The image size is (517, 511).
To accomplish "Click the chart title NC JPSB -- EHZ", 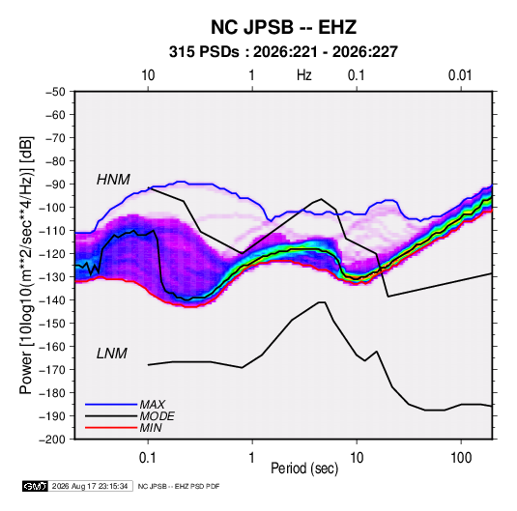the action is coord(283,27).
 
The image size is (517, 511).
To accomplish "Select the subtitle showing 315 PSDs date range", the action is coord(283,52).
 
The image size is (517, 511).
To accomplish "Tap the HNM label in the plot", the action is coord(113,180).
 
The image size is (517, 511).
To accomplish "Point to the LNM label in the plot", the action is coord(112,354).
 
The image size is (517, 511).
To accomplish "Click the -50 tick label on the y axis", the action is coord(56,92).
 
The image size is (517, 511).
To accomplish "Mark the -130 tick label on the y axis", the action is coord(54,277).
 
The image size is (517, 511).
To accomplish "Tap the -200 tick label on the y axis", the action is coord(54,440).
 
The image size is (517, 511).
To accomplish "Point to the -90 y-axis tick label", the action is coord(56,185).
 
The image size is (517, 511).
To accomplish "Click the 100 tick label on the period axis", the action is coord(461,458).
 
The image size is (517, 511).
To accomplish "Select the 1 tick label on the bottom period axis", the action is coord(252,458).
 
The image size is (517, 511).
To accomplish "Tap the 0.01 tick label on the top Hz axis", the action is coord(460,75).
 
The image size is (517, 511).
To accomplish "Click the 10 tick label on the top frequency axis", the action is coord(148,75).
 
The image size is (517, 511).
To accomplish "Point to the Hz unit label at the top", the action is coord(304,75).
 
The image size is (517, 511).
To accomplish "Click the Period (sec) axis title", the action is coord(304,468).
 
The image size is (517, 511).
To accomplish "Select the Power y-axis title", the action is coord(26,266).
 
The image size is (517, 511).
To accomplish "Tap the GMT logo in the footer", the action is coord(35,486).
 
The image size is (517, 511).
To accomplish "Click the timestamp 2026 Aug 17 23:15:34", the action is coord(90,486).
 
